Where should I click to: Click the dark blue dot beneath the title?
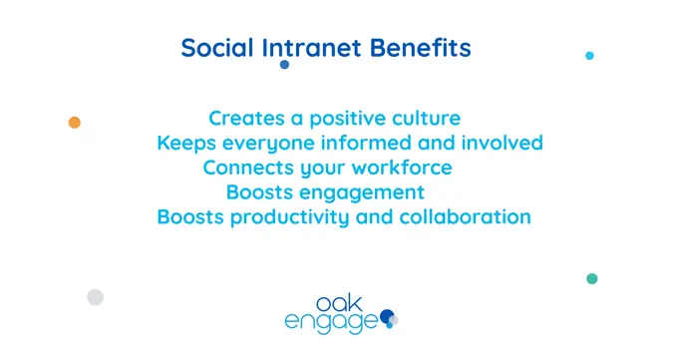(284, 65)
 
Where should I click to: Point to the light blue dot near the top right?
(589, 56)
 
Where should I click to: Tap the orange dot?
(74, 123)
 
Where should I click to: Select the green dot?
(592, 279)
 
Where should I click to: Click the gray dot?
(95, 296)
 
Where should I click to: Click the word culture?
(426, 119)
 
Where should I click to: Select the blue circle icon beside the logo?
(388, 316)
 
